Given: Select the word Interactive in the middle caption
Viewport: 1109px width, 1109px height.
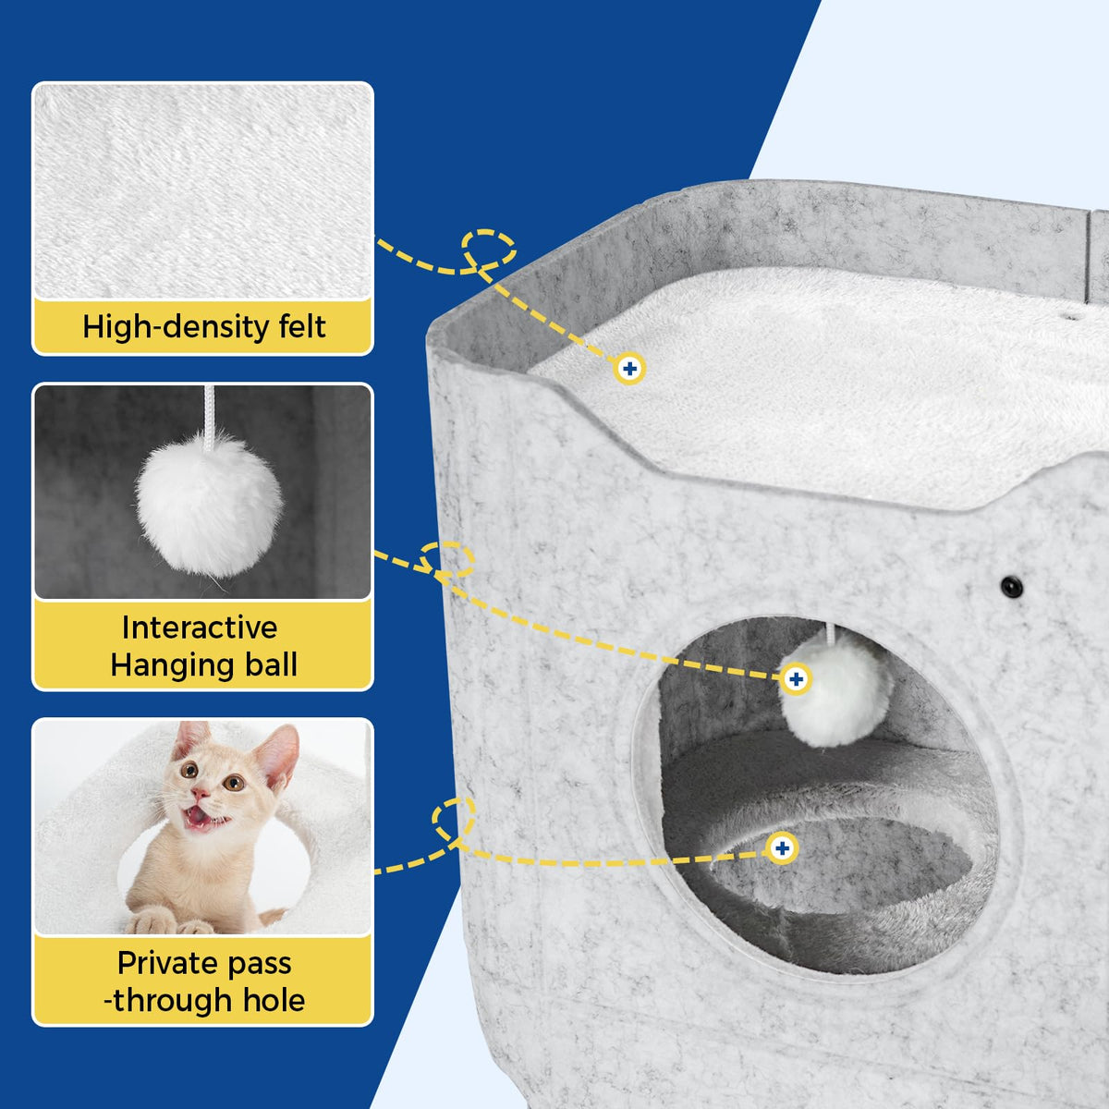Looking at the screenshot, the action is click(199, 628).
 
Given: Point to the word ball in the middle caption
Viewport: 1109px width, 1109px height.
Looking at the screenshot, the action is click(271, 664).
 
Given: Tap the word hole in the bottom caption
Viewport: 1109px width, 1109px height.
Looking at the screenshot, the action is click(274, 1000).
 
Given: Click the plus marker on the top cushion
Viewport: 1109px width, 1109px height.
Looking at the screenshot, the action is click(629, 369).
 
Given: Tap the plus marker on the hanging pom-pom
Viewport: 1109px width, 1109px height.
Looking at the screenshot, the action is click(796, 679).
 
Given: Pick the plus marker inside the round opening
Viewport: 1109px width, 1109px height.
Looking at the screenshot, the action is click(782, 848).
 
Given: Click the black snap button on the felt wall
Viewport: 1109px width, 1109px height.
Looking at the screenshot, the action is click(1011, 587).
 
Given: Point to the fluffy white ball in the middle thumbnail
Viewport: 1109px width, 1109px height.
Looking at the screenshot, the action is click(209, 505).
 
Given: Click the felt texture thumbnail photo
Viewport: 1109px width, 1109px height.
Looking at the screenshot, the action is click(202, 191).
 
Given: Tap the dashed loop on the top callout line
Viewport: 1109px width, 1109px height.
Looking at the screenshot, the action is click(489, 249).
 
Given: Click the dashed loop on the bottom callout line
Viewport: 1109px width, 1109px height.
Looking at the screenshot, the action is click(454, 820).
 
